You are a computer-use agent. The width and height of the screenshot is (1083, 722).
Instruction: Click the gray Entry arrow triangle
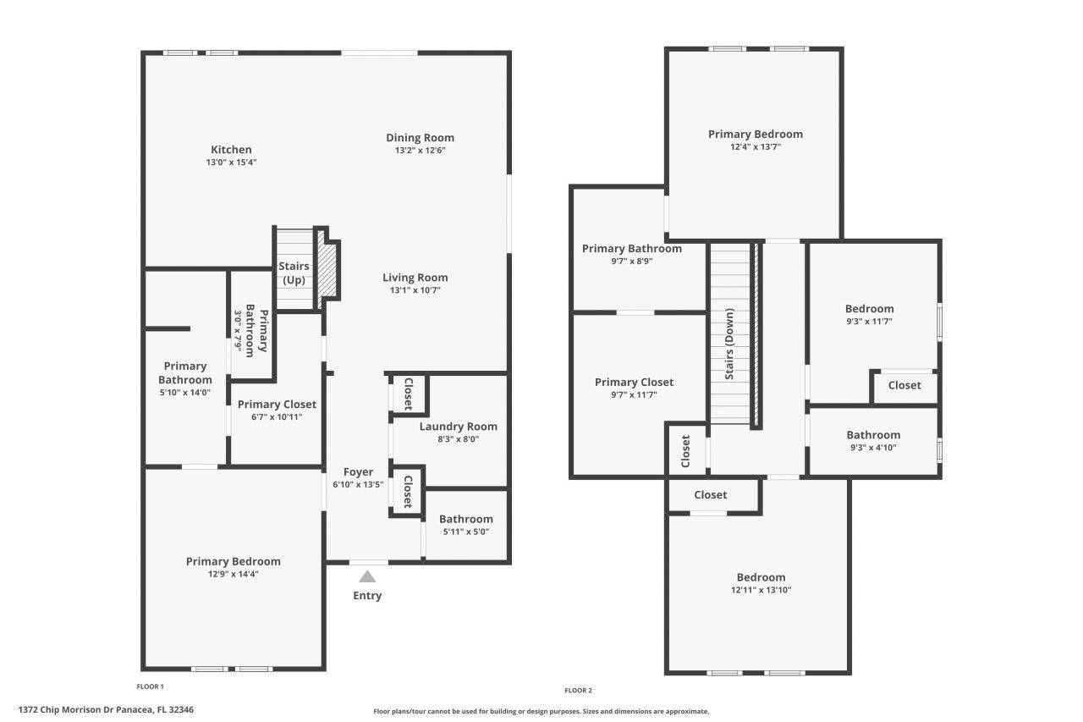367,577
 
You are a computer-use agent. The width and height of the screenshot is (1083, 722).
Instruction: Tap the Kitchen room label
231,150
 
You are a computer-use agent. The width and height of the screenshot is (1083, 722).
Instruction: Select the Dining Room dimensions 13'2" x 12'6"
420,151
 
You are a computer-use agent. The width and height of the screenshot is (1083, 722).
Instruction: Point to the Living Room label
415,278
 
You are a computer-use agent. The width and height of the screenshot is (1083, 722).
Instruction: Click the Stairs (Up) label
294,273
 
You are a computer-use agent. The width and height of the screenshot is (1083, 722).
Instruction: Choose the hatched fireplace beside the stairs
327,269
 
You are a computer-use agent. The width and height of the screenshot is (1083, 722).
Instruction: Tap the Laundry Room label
458,427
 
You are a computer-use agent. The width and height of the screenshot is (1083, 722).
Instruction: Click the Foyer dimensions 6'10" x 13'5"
358,485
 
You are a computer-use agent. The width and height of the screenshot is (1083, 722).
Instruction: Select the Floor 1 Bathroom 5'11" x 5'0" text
465,532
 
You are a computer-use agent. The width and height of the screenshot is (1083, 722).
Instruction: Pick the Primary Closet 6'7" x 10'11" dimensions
277,417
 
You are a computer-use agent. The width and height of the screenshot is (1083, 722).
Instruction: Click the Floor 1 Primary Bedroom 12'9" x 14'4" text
233,574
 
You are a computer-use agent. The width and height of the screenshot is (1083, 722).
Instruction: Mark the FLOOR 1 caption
151,686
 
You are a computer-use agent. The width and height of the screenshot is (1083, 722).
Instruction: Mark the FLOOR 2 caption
579,691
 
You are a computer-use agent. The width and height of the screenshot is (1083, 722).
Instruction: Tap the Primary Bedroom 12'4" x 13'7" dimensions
755,147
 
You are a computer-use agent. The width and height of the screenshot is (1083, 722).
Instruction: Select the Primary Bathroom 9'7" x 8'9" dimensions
631,262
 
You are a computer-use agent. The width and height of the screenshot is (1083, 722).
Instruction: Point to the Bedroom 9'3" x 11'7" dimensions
869,322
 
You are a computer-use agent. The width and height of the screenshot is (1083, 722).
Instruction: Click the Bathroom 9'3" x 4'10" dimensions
873,448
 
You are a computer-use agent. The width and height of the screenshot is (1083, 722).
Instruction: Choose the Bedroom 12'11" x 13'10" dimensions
760,591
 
